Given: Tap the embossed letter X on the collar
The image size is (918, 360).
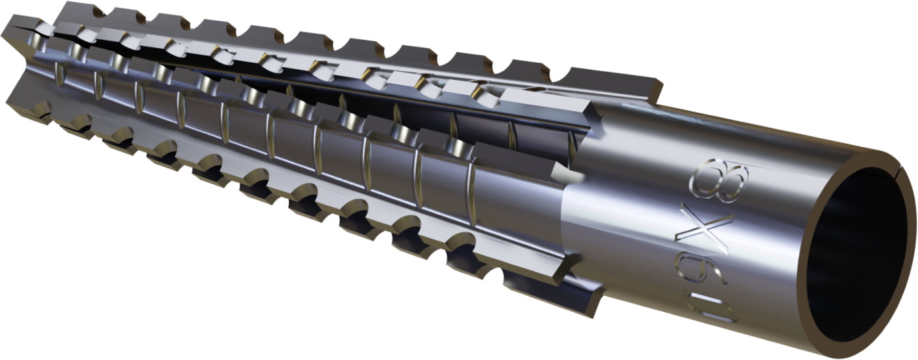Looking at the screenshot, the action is tap(702, 229).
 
